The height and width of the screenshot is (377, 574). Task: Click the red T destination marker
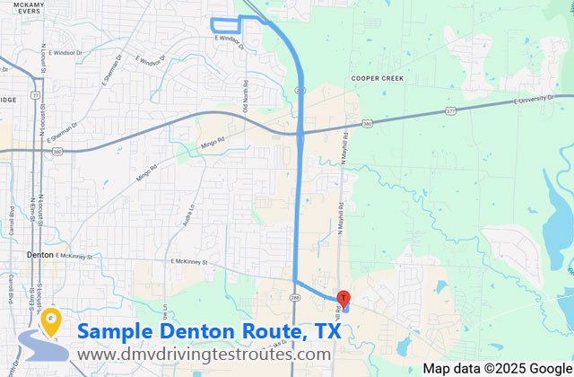344,298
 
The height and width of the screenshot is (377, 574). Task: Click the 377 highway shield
451,112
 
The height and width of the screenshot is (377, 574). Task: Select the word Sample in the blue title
116,331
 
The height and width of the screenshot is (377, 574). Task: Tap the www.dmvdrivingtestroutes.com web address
204,355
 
